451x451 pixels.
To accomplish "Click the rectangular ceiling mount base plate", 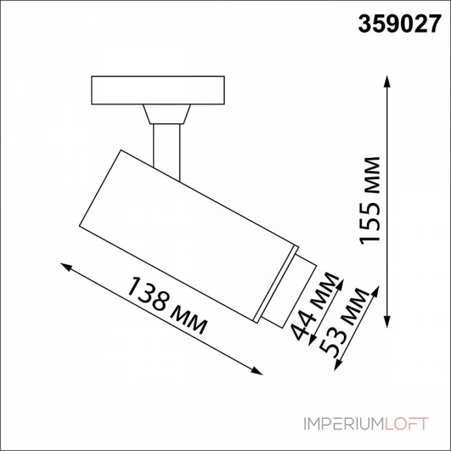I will [158, 90].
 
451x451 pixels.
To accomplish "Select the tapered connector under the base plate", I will [166, 114].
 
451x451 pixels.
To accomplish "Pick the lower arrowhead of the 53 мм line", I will [337, 367].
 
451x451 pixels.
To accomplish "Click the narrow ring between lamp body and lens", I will [276, 285].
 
